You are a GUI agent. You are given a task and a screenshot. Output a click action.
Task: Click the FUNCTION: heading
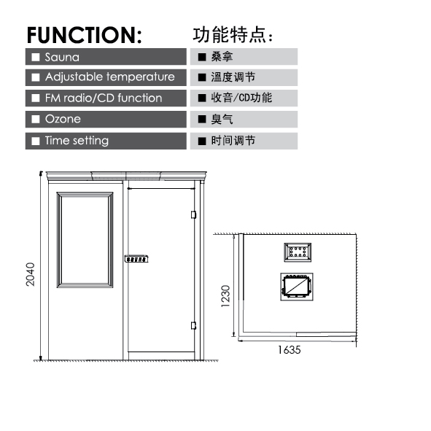pos(85,35)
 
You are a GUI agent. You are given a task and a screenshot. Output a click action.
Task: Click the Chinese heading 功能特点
pos(233,35)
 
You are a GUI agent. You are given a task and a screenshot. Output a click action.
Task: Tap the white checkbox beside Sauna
pos(36,57)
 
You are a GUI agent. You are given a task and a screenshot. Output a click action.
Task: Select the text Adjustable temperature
pos(110,77)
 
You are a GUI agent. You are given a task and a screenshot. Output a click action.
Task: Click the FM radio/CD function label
pos(104,98)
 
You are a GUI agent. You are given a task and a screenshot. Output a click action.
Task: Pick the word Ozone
pos(63,119)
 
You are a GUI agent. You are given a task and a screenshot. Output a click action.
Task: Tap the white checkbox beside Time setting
pos(36,141)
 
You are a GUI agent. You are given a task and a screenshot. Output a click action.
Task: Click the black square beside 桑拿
pos(202,57)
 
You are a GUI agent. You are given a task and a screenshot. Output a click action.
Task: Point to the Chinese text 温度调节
pos(233,77)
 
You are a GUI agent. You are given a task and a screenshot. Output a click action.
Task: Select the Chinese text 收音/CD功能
pos(241,98)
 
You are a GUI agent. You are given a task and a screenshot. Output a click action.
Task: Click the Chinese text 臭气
pos(222,120)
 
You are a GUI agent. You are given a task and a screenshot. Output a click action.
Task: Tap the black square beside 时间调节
pos(202,141)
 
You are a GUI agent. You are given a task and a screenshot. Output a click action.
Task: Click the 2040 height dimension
pos(30,274)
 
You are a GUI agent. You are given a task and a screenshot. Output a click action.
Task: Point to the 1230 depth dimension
pos(225,296)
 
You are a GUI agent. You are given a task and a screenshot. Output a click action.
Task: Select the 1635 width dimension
pos(290,350)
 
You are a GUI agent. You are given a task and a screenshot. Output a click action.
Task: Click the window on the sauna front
pos(85,240)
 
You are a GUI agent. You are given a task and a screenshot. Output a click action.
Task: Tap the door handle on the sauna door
pos(136,259)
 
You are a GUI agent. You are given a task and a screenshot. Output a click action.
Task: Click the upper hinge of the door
pos(193,214)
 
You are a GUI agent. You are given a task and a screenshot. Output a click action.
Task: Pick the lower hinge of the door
pos(193,325)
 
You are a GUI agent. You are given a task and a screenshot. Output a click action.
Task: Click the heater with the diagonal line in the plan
pos(297,287)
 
